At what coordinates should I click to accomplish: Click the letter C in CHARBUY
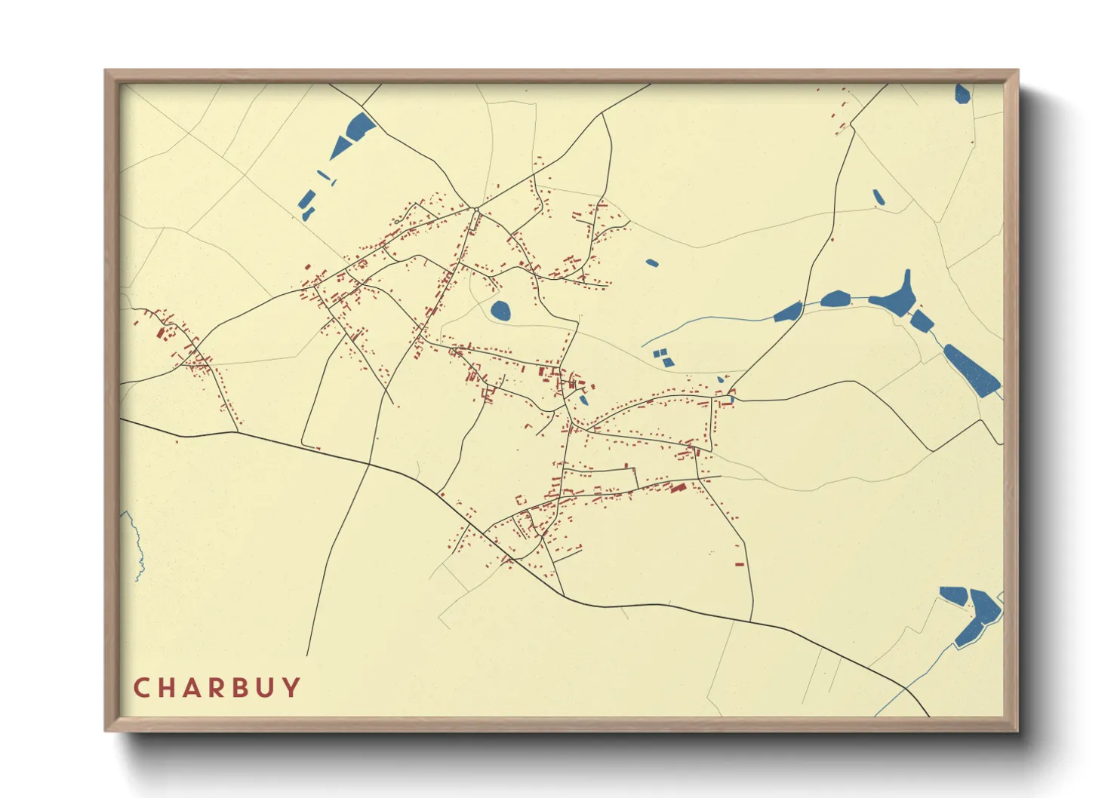140,688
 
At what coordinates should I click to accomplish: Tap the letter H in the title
167,688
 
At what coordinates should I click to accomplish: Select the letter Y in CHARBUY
292,688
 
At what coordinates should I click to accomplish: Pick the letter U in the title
266,688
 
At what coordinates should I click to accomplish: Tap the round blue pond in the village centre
500,310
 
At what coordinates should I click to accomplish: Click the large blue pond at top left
355,131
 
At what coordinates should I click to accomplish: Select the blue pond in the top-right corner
962,94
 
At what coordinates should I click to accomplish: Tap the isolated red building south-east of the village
740,564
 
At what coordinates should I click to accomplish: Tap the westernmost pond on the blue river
788,312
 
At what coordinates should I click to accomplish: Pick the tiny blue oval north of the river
652,263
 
